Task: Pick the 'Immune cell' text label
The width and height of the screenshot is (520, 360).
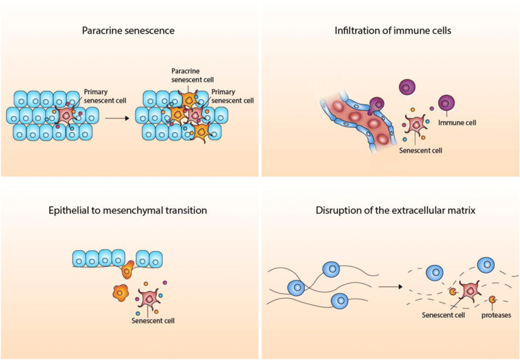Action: click(457, 122)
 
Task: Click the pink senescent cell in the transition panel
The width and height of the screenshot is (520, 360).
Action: click(149, 298)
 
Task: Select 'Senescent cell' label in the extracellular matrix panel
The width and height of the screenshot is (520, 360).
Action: click(444, 315)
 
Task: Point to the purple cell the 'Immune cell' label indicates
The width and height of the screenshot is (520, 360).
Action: click(446, 103)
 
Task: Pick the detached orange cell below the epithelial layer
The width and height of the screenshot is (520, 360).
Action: click(121, 293)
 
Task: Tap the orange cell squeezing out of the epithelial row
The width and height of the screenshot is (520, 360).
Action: click(128, 270)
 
